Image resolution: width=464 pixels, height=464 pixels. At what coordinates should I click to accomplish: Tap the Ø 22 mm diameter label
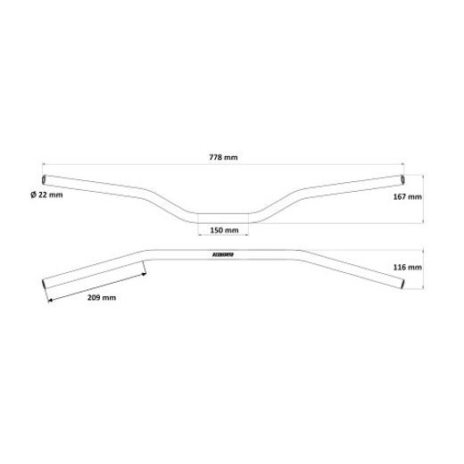click(46, 195)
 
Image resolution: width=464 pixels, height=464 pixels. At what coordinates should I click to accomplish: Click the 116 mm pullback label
click(406, 267)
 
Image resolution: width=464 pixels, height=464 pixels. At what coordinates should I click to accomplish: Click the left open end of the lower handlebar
click(44, 286)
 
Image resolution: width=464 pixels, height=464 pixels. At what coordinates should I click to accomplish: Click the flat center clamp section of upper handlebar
click(224, 217)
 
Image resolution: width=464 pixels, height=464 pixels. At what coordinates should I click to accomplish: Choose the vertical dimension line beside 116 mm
click(422, 267)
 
